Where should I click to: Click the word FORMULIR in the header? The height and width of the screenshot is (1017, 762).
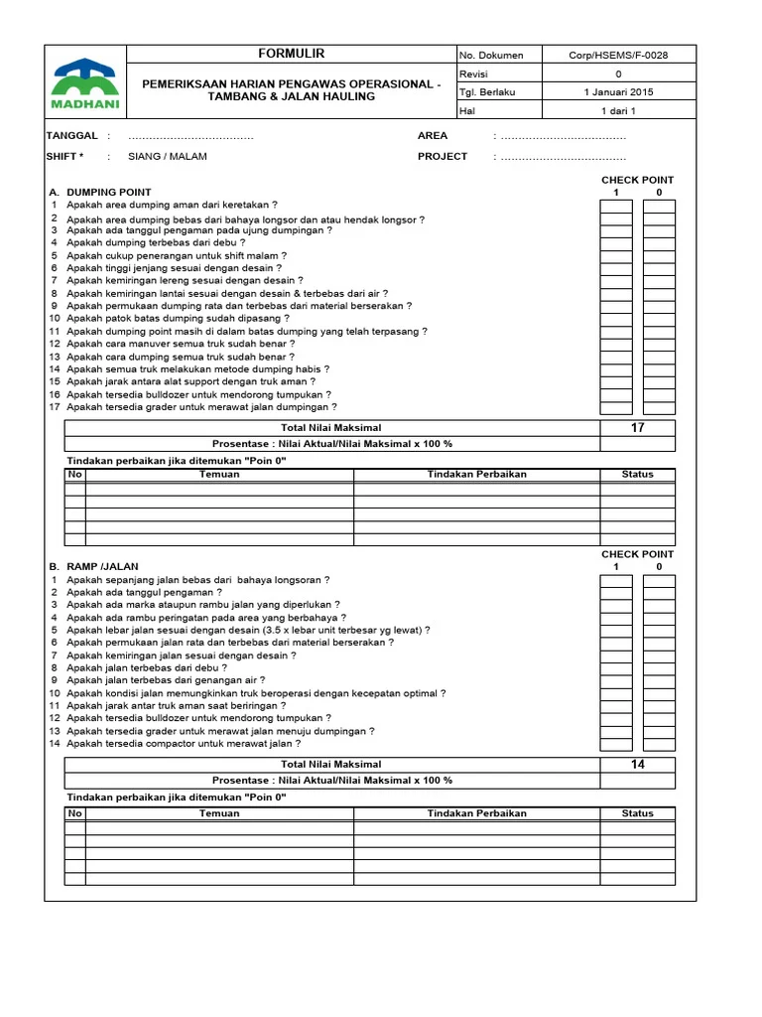point(291,54)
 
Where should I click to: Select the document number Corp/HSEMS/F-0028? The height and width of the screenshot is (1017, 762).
point(618,56)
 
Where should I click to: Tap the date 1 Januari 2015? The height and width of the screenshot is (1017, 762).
point(618,92)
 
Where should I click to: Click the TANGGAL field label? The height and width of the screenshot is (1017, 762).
point(72,136)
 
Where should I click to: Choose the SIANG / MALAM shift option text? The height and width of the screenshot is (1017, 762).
point(168,157)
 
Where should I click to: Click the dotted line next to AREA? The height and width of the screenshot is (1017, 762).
point(563,136)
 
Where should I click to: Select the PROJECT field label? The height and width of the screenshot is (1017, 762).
point(443,157)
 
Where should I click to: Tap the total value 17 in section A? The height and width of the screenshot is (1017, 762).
point(638,428)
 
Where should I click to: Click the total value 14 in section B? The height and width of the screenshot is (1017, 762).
point(638,765)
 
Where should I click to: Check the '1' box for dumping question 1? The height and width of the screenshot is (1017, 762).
point(616,207)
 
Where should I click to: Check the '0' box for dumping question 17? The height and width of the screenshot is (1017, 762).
point(659,406)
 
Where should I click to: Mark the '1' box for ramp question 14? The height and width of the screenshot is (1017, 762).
point(616,743)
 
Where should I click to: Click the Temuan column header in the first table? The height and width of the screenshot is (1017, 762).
point(219,475)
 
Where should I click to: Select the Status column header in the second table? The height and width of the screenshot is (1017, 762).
point(638,813)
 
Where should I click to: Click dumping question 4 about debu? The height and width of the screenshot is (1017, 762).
point(156,242)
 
